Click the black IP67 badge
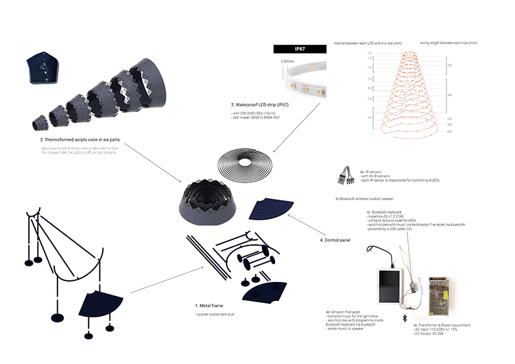point(298,48)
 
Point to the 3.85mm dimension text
point(285,62)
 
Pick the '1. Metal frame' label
point(208,305)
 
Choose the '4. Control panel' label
point(333,240)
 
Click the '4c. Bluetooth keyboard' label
point(383,212)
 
